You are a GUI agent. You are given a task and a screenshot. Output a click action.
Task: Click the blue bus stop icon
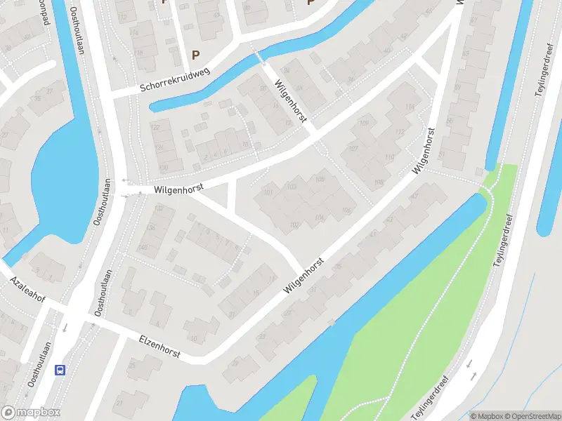pyautogui.click(x=61, y=370)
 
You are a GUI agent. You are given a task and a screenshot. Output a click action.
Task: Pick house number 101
pyautogui.click(x=268, y=192)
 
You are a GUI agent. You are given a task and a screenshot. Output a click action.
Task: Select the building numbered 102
pyautogui.click(x=294, y=225)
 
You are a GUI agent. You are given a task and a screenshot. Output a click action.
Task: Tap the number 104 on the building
pyautogui.click(x=320, y=218)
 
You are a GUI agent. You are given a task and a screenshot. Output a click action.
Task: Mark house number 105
pyautogui.click(x=320, y=180)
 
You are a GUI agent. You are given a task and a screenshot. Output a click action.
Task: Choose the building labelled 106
pyautogui.click(x=346, y=210)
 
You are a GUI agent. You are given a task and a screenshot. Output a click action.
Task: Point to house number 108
pyautogui.click(x=379, y=182)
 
